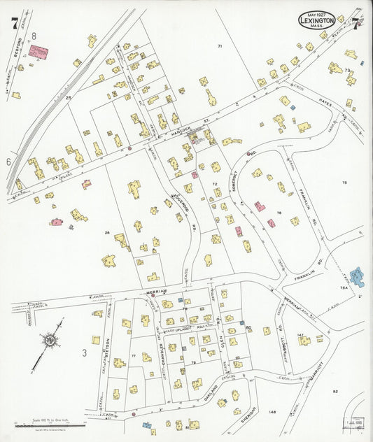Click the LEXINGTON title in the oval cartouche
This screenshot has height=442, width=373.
click(316, 21)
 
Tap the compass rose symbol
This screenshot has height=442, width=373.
click(50, 341)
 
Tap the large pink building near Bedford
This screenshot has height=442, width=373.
click(38, 52)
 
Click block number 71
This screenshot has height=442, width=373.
click(219, 46)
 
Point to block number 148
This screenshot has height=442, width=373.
click(272, 412)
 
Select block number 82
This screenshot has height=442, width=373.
click(335, 391)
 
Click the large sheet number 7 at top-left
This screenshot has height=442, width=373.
click(14, 22)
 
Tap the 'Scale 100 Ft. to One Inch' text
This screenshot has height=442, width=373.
click(48, 422)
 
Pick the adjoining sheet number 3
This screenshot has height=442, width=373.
click(83, 353)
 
